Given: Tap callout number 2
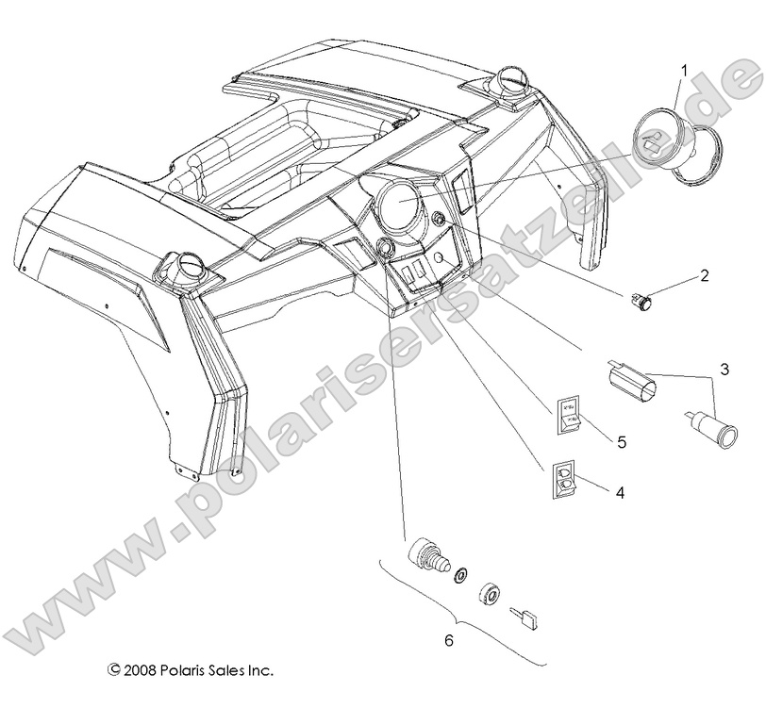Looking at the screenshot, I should pyautogui.click(x=703, y=276).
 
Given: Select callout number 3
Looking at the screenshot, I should pyautogui.click(x=724, y=370).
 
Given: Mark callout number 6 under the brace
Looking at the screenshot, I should pyautogui.click(x=449, y=640).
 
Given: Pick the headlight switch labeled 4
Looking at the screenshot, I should pyautogui.click(x=562, y=478).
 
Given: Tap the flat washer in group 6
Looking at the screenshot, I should pyautogui.click(x=461, y=574).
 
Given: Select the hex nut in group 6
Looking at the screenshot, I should pyautogui.click(x=489, y=594).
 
